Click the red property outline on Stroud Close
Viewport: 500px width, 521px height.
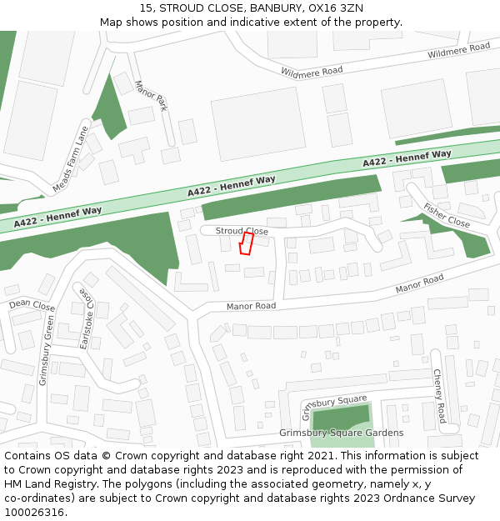[246, 243]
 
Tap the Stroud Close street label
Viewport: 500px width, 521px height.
[242, 230]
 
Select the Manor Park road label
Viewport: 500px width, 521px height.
[151, 96]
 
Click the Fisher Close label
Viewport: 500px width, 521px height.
[446, 216]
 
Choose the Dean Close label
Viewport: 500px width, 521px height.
[32, 306]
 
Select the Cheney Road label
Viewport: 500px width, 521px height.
[438, 396]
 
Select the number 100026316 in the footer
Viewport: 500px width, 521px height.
[35, 512]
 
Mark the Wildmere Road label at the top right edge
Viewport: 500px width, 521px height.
[459, 50]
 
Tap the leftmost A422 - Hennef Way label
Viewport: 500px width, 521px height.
[58, 216]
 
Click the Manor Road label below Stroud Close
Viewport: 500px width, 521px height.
[251, 306]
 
